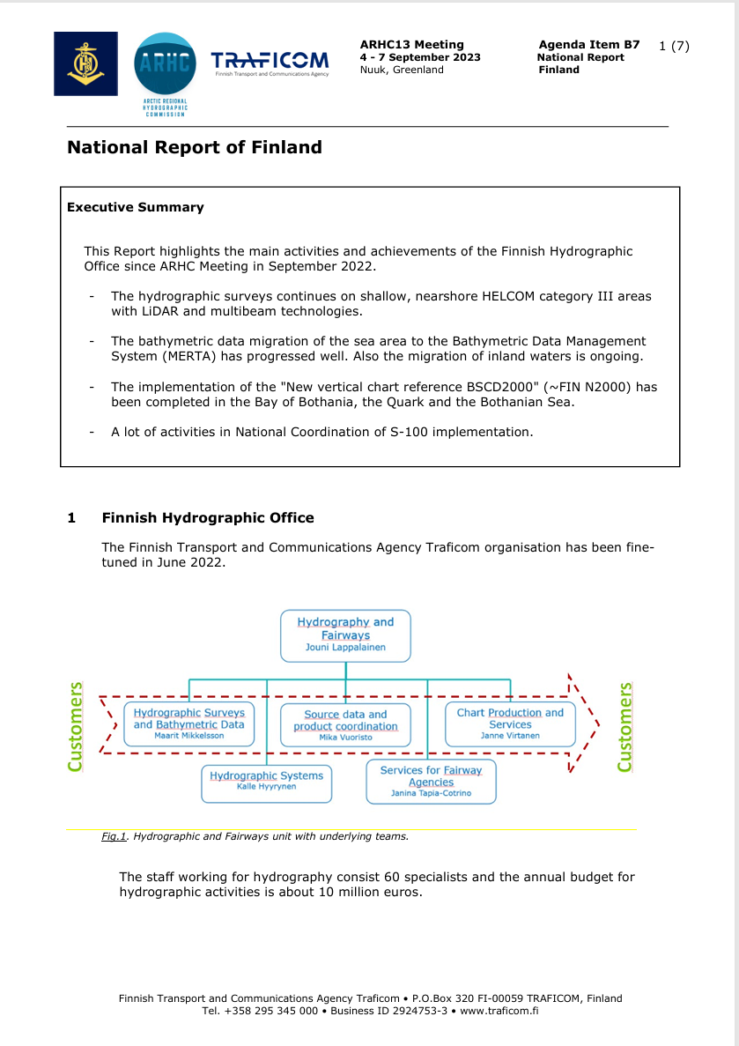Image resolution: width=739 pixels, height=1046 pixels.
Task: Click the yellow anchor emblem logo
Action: tap(85, 63)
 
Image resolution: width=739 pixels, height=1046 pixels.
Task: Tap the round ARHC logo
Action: tap(165, 67)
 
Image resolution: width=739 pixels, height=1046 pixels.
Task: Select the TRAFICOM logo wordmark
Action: tap(270, 61)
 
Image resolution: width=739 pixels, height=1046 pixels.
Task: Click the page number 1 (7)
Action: tap(674, 46)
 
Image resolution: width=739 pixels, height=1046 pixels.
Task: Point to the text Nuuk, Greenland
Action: tap(402, 70)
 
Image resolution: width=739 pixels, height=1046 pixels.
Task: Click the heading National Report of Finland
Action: tap(195, 148)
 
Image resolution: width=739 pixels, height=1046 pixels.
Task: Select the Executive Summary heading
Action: tap(135, 208)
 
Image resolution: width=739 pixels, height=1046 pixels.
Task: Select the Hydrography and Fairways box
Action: tap(345, 634)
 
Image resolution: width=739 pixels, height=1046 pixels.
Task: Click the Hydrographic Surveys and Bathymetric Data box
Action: tap(188, 723)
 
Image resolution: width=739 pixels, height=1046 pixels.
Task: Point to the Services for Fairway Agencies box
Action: tap(431, 781)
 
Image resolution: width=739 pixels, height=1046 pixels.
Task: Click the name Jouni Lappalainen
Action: tap(345, 648)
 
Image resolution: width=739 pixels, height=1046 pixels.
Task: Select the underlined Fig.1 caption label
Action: tap(115, 836)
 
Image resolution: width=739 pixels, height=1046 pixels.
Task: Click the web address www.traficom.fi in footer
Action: tap(499, 1011)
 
